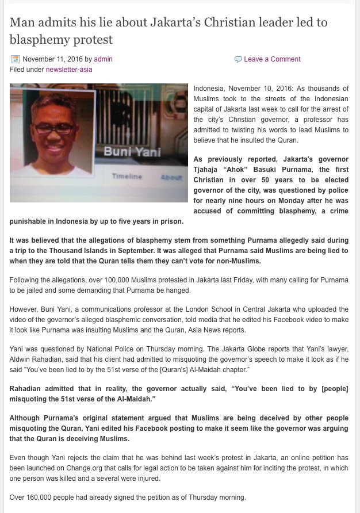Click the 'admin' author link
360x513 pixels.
103,59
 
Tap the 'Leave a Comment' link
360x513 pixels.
272,59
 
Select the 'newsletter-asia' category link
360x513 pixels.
69,70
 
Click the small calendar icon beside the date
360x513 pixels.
16,59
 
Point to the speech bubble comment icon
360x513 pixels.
238,59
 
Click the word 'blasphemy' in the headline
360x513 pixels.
38,40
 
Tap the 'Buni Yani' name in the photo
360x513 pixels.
132,152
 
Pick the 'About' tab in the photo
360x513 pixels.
171,177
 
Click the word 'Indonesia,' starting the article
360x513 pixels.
210,89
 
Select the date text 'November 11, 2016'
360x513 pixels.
52,59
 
